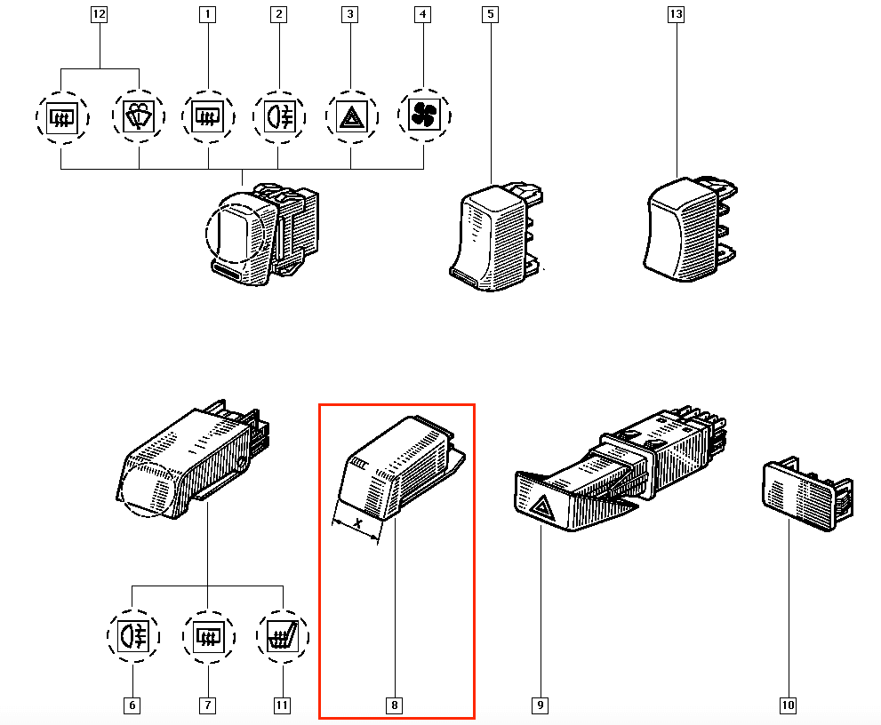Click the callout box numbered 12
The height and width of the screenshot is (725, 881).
click(x=99, y=14)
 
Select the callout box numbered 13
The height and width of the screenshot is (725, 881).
click(x=676, y=14)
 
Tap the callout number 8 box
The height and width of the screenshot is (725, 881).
click(x=395, y=705)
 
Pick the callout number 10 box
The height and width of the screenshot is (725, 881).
click(x=788, y=705)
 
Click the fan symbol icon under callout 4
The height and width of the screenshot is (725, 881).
click(x=424, y=116)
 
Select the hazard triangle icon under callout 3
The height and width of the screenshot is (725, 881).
click(x=352, y=116)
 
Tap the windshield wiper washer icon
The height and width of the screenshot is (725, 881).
click(x=139, y=116)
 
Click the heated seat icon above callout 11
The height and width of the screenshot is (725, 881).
click(x=283, y=636)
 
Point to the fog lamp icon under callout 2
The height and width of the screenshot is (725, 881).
click(x=279, y=116)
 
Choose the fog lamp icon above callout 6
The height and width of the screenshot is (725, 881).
click(x=133, y=636)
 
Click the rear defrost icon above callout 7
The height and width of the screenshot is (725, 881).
click(x=208, y=636)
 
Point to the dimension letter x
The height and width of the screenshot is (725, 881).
click(x=358, y=523)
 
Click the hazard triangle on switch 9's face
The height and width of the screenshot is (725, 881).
click(x=541, y=506)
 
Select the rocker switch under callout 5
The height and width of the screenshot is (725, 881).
click(x=495, y=236)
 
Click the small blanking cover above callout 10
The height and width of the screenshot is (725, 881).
click(x=808, y=494)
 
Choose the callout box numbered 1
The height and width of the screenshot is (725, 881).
click(x=208, y=14)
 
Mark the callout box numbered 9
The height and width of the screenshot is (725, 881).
click(x=540, y=705)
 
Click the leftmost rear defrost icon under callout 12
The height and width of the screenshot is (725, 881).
click(x=62, y=117)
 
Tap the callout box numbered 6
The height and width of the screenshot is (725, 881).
click(x=132, y=705)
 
